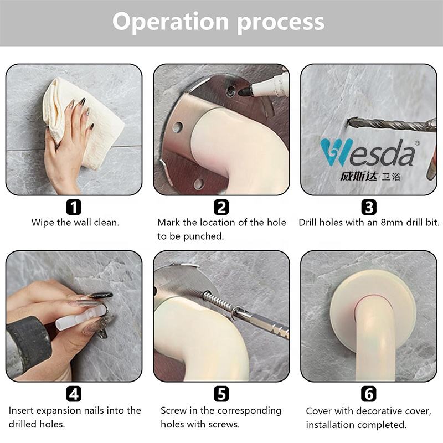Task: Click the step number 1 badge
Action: (74, 207)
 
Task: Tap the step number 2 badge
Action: (221, 207)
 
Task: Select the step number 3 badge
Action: (369, 207)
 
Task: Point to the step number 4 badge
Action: (74, 394)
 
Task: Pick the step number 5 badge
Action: (221, 394)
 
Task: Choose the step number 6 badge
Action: (369, 394)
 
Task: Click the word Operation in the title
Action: (171, 22)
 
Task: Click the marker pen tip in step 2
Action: (244, 91)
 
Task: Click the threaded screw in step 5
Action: (219, 301)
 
